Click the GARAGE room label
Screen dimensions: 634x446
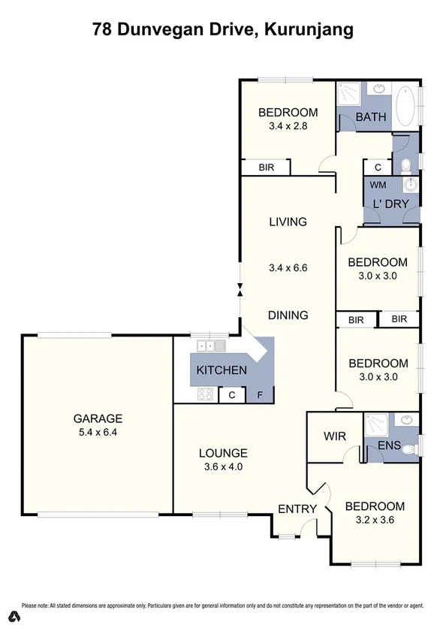(x=98, y=418)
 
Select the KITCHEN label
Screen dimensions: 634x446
(x=221, y=370)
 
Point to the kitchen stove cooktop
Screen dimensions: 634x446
(x=206, y=394)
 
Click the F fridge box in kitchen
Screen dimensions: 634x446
(x=260, y=394)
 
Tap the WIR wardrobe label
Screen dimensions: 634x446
(x=334, y=436)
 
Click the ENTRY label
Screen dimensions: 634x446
(x=297, y=509)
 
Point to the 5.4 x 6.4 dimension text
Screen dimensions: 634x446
(x=98, y=433)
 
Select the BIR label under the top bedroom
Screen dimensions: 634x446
(x=266, y=168)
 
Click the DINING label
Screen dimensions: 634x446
(x=288, y=315)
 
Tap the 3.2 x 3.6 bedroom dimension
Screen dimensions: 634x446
(x=375, y=520)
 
